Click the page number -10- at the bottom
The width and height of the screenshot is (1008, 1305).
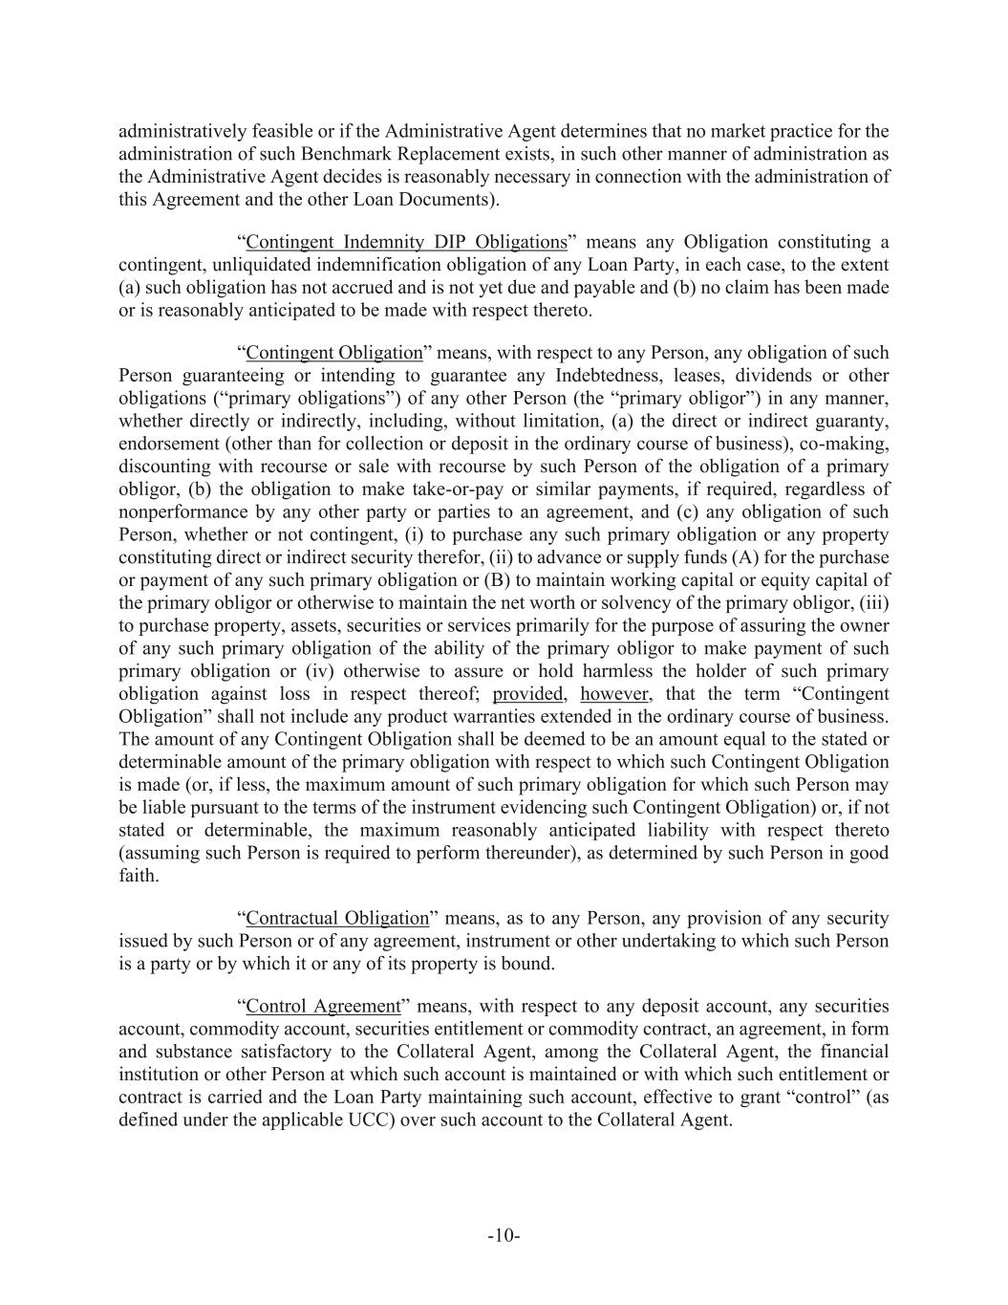(x=504, y=1236)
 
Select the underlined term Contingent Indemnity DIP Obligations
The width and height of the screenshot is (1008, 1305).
(x=406, y=242)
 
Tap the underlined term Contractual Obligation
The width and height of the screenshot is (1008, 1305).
(x=337, y=918)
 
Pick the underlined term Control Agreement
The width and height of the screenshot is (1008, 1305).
(x=323, y=1006)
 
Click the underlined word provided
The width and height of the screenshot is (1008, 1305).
(x=526, y=694)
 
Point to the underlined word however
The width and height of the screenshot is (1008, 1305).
(x=613, y=694)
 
